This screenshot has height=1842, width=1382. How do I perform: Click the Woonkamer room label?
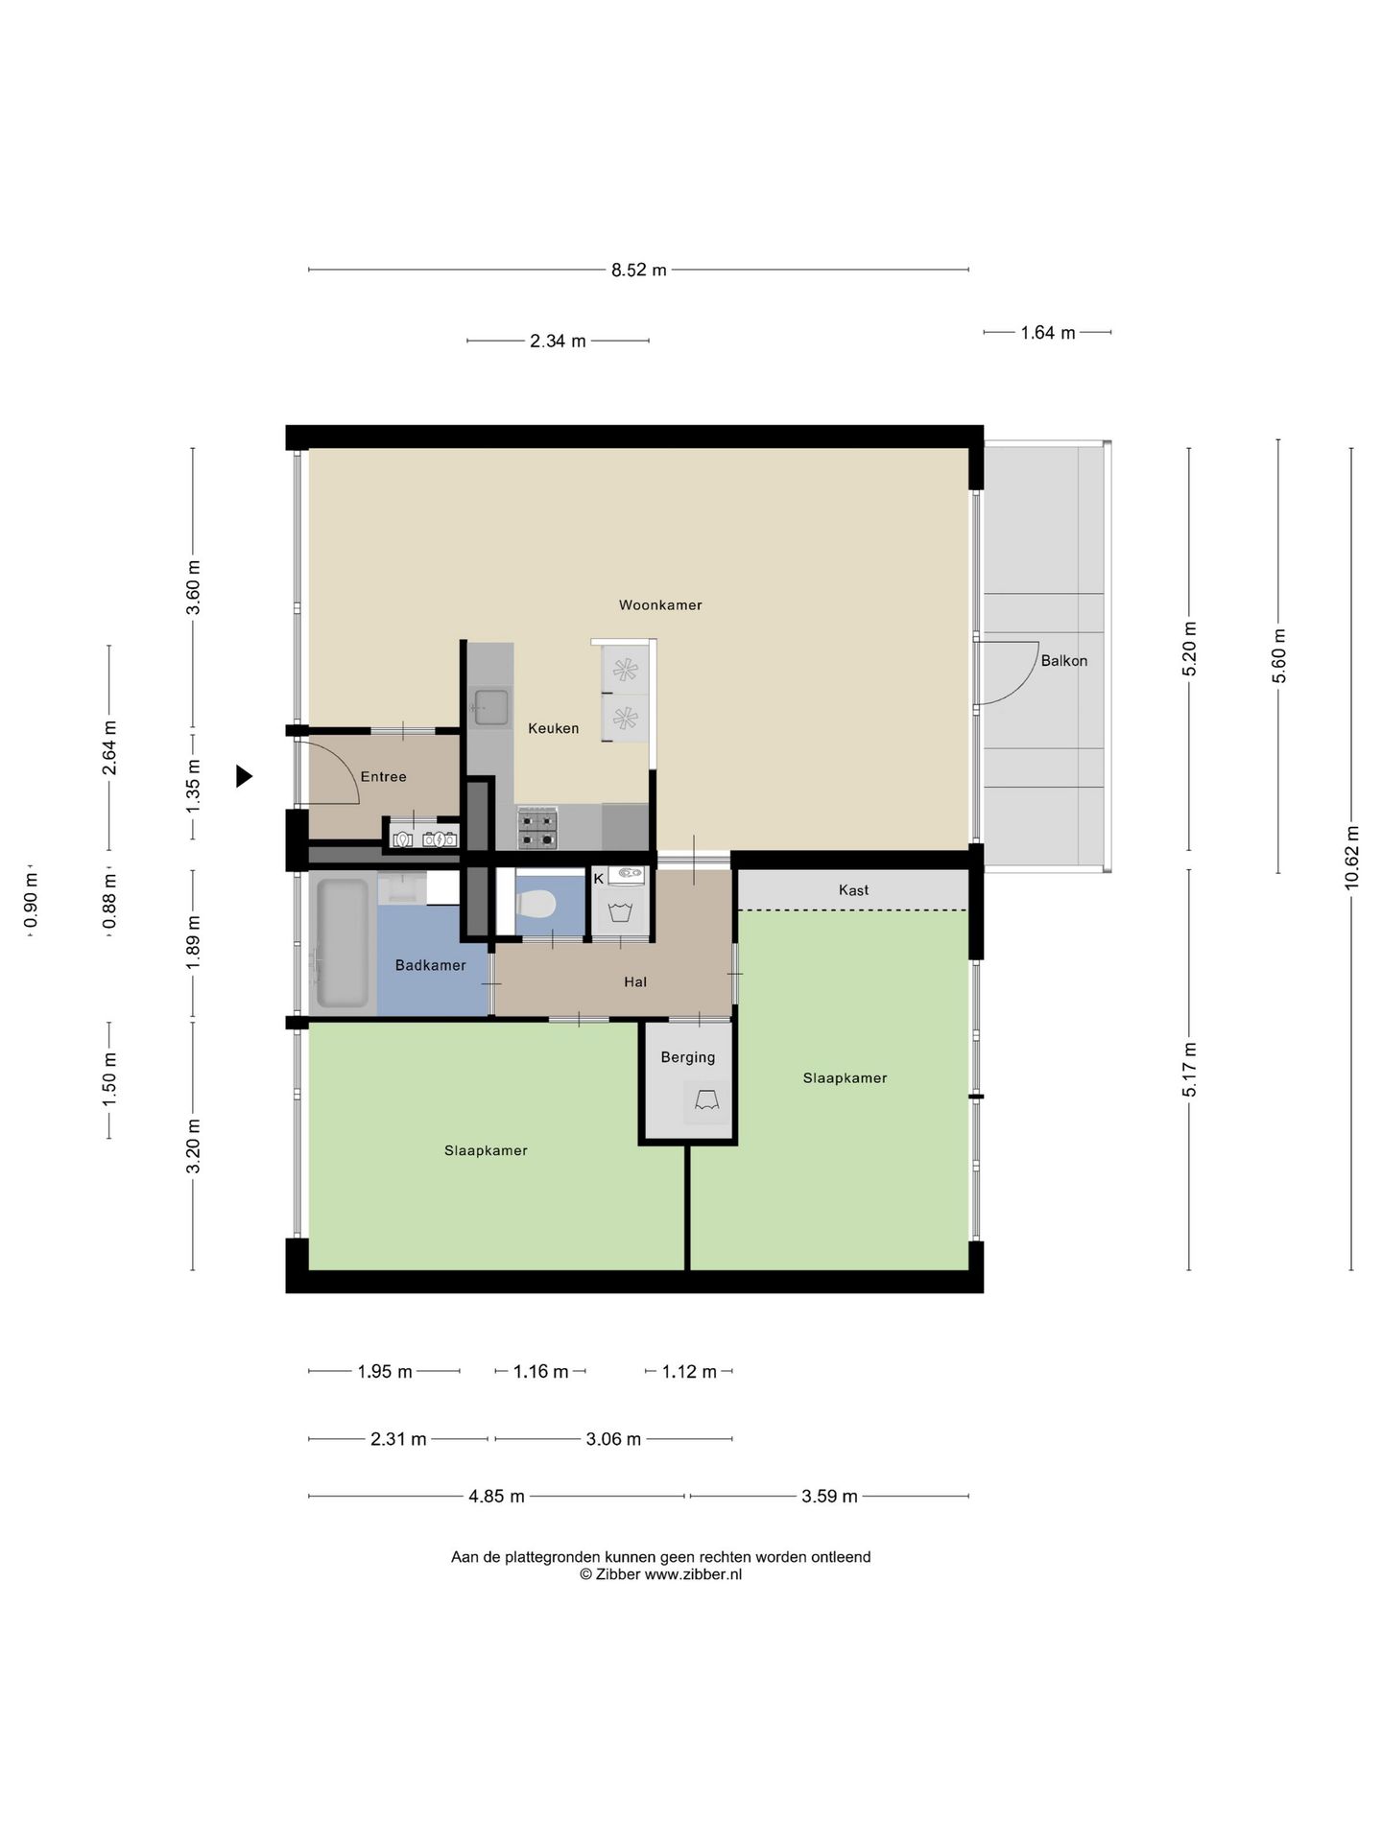pyautogui.click(x=659, y=605)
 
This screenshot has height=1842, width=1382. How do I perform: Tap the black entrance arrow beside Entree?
pyautogui.click(x=245, y=776)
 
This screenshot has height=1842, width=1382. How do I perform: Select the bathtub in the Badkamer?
pyautogui.click(x=342, y=943)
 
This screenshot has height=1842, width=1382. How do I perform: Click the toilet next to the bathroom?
pyautogui.click(x=536, y=904)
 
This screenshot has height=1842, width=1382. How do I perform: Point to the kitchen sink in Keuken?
pyautogui.click(x=490, y=707)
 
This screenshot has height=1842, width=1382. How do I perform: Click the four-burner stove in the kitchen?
pyautogui.click(x=537, y=829)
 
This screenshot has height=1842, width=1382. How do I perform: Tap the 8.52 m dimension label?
pyautogui.click(x=638, y=271)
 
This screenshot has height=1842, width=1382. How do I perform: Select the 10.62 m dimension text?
pyautogui.click(x=1351, y=859)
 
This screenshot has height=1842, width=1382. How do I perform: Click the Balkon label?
pyautogui.click(x=1063, y=661)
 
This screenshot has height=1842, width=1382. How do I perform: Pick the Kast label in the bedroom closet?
pyautogui.click(x=853, y=890)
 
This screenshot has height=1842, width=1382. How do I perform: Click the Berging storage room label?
pyautogui.click(x=687, y=1057)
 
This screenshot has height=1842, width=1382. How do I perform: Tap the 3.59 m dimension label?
pyautogui.click(x=829, y=1496)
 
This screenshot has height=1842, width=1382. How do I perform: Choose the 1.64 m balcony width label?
pyautogui.click(x=1047, y=333)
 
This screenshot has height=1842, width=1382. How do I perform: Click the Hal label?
pyautogui.click(x=634, y=981)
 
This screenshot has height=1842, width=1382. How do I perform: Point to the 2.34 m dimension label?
pyautogui.click(x=558, y=341)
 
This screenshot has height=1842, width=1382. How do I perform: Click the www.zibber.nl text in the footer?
pyautogui.click(x=692, y=1574)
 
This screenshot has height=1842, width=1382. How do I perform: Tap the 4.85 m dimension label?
pyautogui.click(x=496, y=1496)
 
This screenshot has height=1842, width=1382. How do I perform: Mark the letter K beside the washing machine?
pyautogui.click(x=599, y=878)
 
